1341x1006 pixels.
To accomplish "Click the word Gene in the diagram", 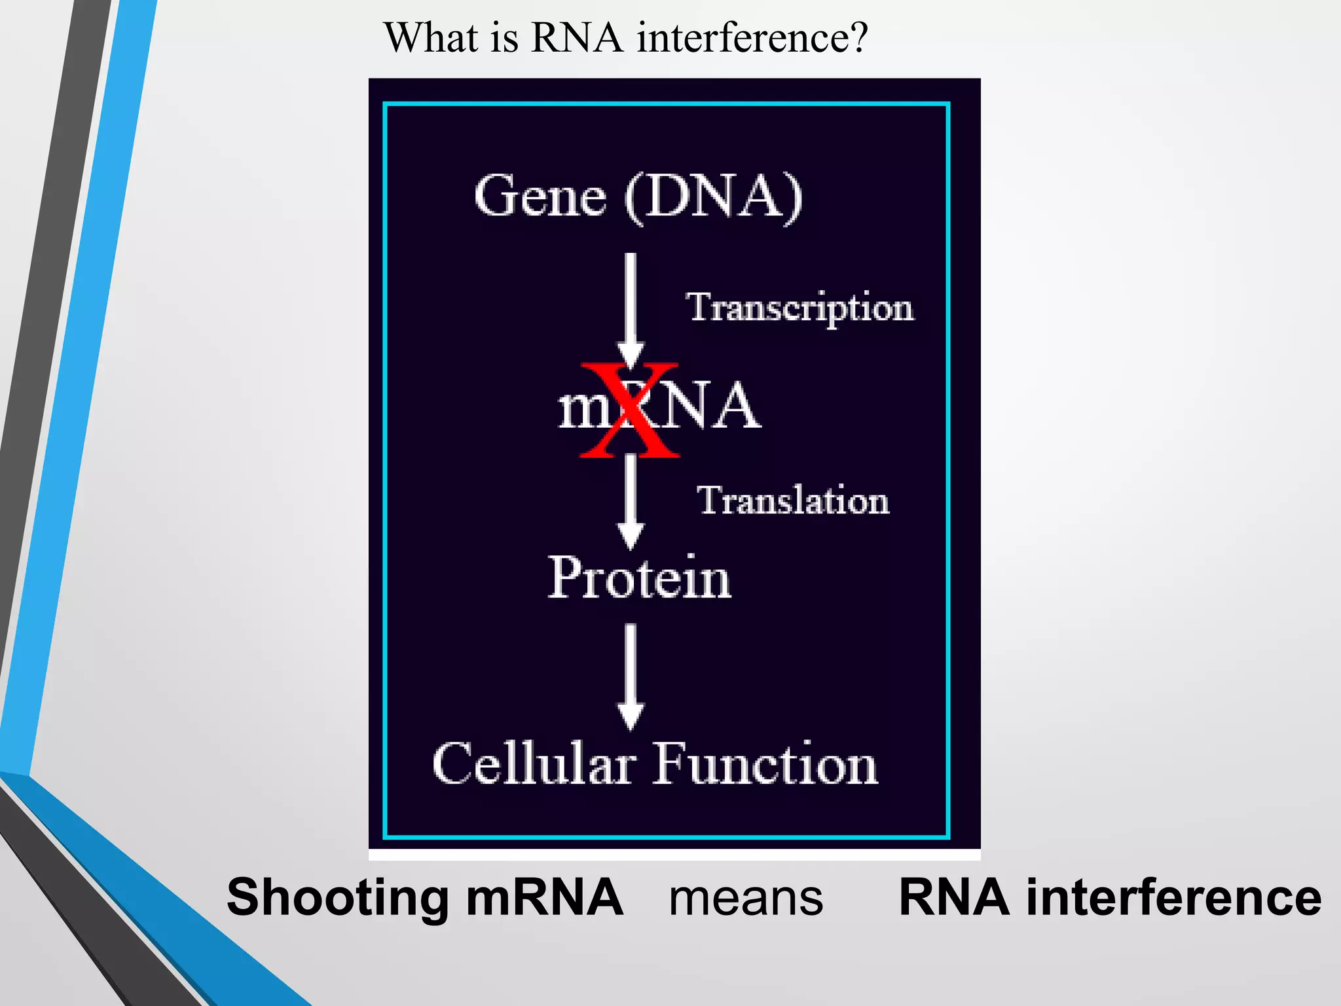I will pyautogui.click(x=540, y=196).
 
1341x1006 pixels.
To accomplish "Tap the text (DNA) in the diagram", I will pyautogui.click(x=713, y=196).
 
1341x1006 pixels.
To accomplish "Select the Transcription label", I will pyautogui.click(x=799, y=308).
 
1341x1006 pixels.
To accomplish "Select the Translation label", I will pyautogui.click(x=793, y=501).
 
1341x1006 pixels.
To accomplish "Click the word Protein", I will pyautogui.click(x=639, y=578).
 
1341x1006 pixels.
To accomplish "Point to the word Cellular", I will pyautogui.click(x=534, y=764).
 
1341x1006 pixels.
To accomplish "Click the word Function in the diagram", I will pyautogui.click(x=765, y=764).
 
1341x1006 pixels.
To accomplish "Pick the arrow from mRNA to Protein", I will pyautogui.click(x=630, y=501).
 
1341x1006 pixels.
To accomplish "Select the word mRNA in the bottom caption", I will pyautogui.click(x=544, y=897).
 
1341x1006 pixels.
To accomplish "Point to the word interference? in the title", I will pyautogui.click(x=752, y=37).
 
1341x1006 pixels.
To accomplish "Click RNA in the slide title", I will pyautogui.click(x=576, y=37).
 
